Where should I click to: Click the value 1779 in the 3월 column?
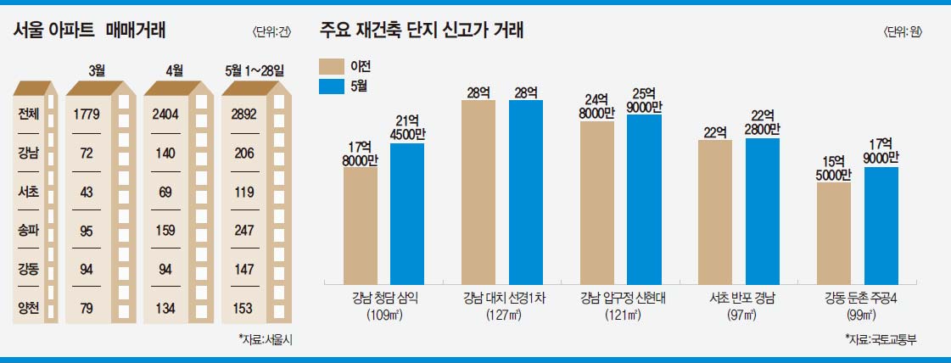[88, 114]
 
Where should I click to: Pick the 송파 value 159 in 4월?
[165, 229]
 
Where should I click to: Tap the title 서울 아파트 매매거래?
[89, 31]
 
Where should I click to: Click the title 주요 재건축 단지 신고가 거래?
[421, 31]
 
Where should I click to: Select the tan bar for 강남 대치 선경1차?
[478, 191]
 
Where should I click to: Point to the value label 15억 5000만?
[833, 165]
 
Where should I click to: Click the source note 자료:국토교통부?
[881, 339]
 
